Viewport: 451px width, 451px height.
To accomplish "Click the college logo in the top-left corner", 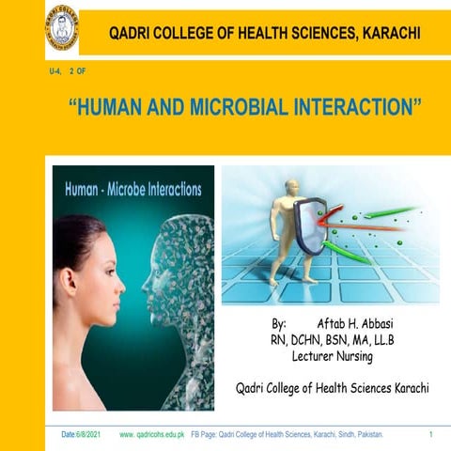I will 62,29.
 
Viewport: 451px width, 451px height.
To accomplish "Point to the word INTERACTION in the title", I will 348,107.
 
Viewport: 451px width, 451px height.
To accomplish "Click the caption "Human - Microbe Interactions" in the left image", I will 132,189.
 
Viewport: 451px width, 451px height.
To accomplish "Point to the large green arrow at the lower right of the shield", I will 348,252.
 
